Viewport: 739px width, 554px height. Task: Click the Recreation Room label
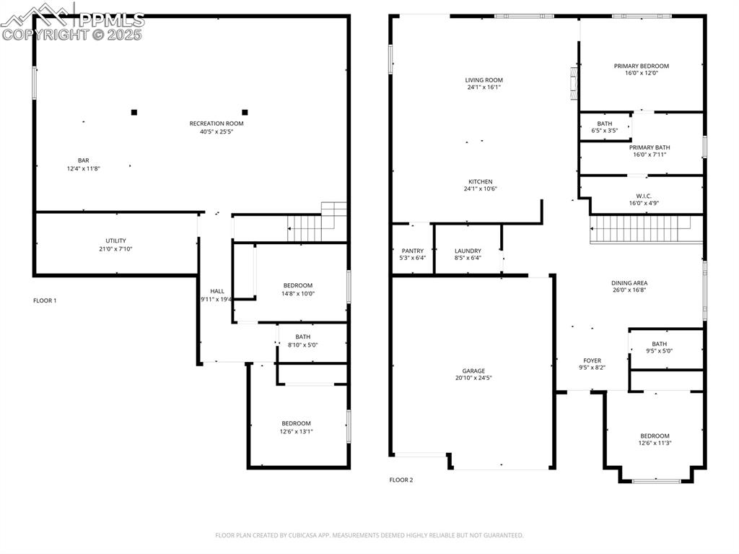point(217,124)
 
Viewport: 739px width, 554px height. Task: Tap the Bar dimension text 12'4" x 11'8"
point(84,168)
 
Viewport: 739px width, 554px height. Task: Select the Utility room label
point(115,241)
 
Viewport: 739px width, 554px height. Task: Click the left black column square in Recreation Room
point(134,112)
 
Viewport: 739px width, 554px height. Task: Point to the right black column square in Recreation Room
point(245,112)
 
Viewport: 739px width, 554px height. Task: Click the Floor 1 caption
point(45,300)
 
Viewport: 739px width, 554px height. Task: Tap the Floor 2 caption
point(401,480)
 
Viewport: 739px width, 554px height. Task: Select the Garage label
point(473,371)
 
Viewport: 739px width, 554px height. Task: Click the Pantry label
point(412,251)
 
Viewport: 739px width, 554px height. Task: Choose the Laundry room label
point(468,251)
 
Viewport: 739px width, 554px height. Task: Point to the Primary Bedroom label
point(641,66)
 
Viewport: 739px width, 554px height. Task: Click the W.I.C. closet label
point(644,196)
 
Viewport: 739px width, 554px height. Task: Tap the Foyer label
point(592,360)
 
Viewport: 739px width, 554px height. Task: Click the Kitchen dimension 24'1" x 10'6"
point(481,189)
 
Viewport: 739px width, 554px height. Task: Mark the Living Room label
point(484,80)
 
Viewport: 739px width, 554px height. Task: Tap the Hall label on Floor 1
point(217,291)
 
